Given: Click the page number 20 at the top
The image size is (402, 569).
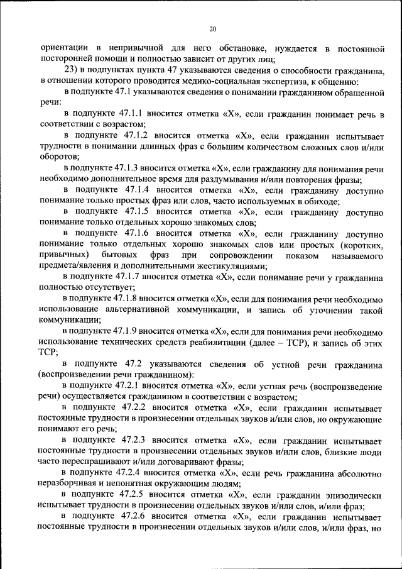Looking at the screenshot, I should [x=212, y=28].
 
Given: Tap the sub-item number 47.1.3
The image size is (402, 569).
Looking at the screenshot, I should [x=128, y=168].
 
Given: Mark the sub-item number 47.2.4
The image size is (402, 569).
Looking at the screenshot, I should [x=128, y=472].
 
